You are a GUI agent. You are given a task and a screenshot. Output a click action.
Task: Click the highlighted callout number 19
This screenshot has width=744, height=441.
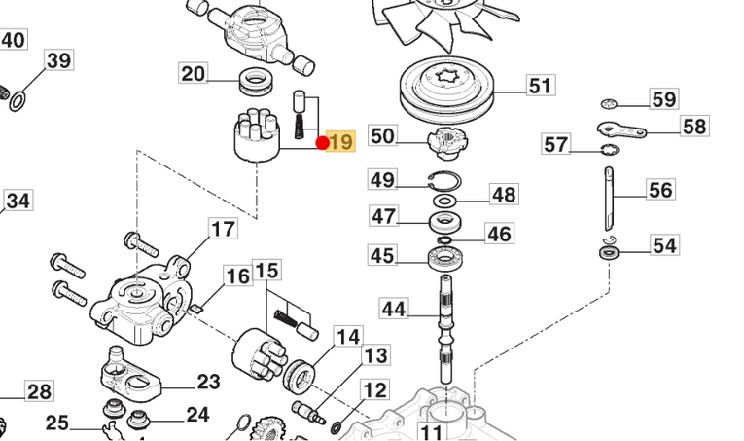[x=341, y=143]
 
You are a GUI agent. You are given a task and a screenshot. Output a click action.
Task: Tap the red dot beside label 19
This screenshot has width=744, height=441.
[x=323, y=143]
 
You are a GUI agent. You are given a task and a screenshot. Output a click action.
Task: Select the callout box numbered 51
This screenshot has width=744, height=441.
[x=540, y=86]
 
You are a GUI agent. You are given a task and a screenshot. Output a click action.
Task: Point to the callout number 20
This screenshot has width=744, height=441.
[x=194, y=74]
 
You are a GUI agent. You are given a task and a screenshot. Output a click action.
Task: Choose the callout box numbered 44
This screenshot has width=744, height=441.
[x=394, y=310]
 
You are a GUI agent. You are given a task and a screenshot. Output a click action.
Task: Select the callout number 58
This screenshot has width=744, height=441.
[x=694, y=127]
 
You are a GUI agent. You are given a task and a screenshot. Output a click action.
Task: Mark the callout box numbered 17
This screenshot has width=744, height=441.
[x=223, y=230]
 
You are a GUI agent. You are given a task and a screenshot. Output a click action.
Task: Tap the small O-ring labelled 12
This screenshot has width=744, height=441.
[x=336, y=424]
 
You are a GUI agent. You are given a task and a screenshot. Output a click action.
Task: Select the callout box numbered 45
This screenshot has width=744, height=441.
[x=383, y=256]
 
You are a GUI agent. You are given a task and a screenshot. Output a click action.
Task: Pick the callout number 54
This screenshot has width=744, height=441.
[x=664, y=245]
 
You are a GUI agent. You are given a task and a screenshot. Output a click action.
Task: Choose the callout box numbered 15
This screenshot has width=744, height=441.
[x=266, y=270]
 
